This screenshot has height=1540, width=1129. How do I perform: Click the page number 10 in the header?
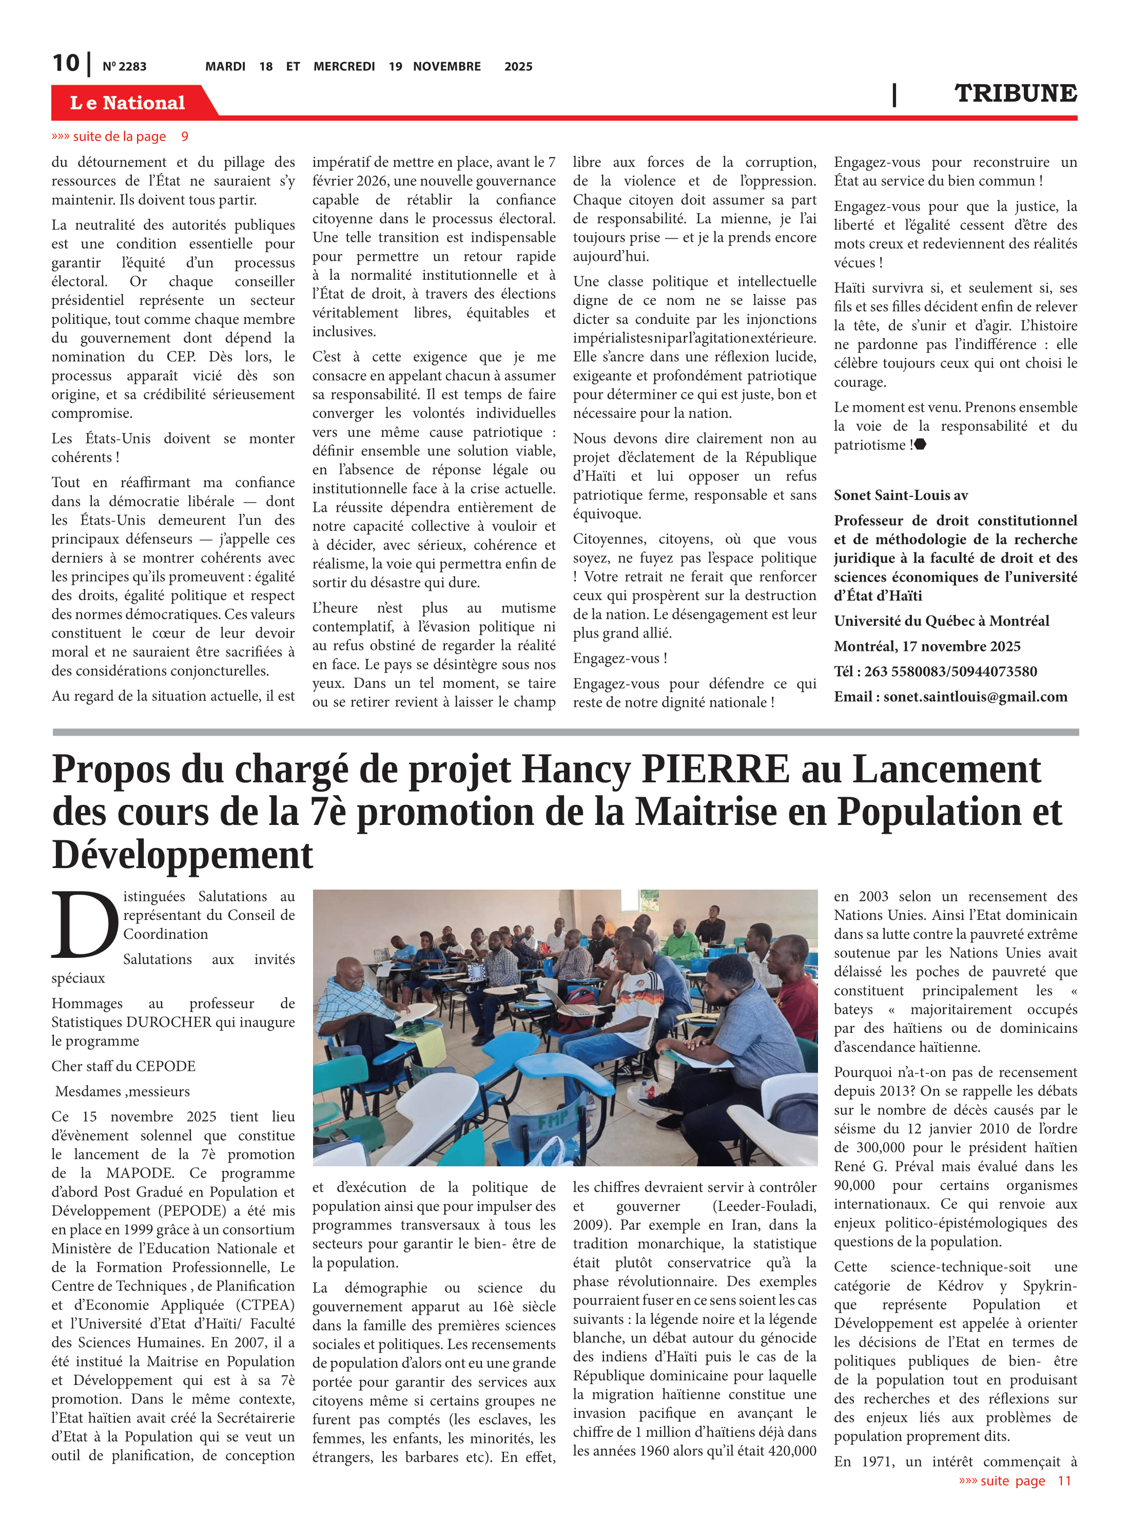[66, 63]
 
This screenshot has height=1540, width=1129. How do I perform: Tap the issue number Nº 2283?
[124, 66]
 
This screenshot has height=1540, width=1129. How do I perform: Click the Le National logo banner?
[127, 103]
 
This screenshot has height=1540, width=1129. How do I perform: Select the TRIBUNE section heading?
[1015, 93]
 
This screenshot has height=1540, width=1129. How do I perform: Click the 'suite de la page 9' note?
[120, 136]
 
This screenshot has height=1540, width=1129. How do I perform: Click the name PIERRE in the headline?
[715, 769]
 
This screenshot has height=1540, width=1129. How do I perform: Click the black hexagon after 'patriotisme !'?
[921, 445]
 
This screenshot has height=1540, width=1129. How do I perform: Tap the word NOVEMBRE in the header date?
[446, 66]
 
